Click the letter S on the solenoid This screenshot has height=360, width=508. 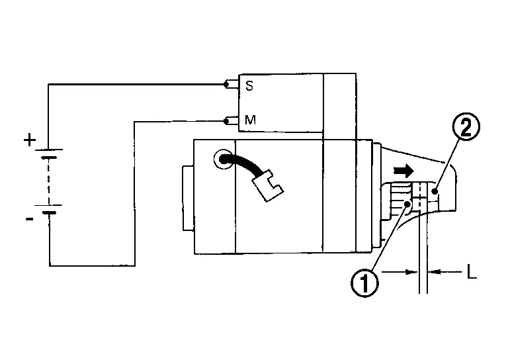(249, 86)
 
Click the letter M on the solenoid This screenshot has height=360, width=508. (251, 120)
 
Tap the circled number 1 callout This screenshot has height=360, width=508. (364, 283)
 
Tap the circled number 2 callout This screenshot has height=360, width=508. (466, 126)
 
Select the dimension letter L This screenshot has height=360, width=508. (472, 271)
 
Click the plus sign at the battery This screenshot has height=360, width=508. (30, 140)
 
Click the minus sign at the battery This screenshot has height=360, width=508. (29, 219)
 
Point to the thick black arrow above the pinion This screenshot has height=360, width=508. (403, 170)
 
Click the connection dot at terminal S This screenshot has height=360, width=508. (226, 85)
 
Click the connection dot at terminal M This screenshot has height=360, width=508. (226, 121)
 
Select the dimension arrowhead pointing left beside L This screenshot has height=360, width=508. (434, 272)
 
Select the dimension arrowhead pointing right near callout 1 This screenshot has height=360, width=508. (411, 272)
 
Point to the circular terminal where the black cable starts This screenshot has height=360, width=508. (223, 159)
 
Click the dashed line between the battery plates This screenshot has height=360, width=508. (48, 181)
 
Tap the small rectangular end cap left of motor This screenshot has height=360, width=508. (189, 198)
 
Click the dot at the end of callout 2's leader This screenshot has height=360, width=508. (436, 191)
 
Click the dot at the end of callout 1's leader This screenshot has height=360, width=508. (407, 203)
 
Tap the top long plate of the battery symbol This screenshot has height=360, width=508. (48, 150)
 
